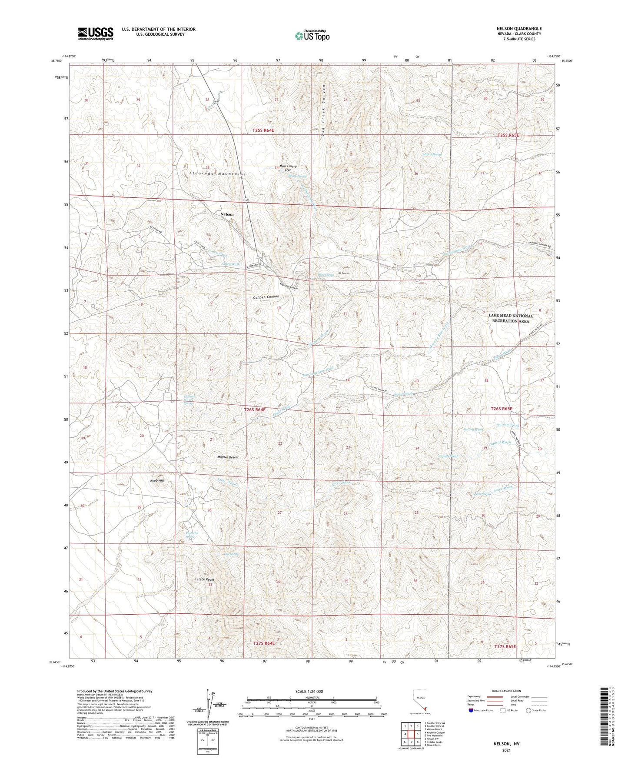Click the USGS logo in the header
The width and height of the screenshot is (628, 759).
[x=96, y=33]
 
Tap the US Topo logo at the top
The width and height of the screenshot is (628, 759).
[x=312, y=36]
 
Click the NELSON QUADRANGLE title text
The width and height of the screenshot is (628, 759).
[x=520, y=29]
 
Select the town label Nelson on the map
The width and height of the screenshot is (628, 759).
[x=227, y=214]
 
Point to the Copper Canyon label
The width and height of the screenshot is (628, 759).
[x=266, y=297]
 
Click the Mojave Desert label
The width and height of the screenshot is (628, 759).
[x=228, y=457]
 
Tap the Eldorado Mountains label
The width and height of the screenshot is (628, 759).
[x=217, y=173]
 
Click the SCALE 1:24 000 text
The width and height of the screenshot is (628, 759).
[x=311, y=691]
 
